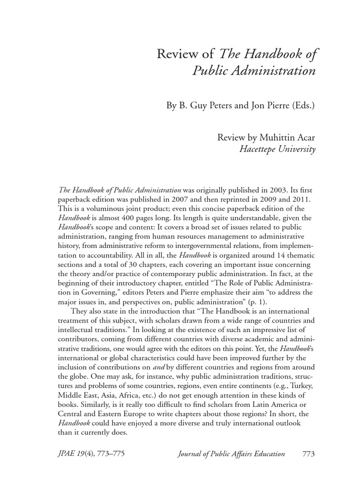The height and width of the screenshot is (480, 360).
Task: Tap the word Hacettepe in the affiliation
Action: [258, 150]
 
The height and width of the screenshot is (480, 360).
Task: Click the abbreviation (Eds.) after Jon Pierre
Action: [301, 105]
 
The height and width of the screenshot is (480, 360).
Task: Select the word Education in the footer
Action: [268, 454]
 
